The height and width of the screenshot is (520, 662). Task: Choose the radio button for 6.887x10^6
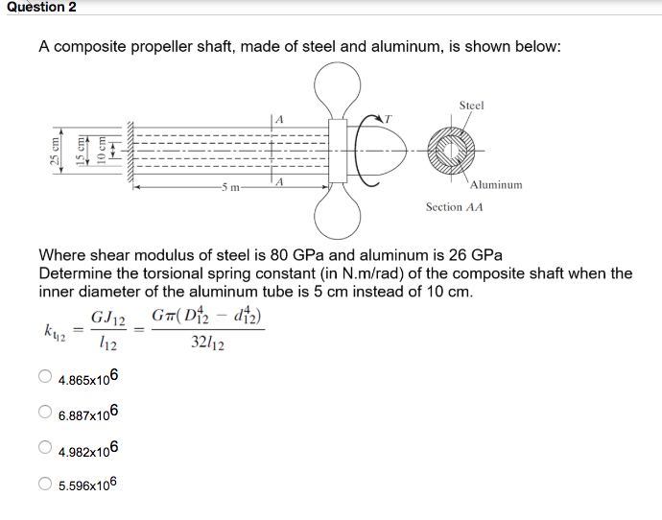(x=45, y=414)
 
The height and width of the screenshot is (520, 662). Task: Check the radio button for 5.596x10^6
(x=45, y=485)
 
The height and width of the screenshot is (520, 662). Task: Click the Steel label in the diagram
(x=471, y=105)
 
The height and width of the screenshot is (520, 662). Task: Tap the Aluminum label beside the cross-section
(x=497, y=184)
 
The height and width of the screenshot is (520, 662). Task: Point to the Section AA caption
(x=454, y=206)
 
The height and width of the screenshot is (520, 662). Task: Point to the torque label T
(x=389, y=116)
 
